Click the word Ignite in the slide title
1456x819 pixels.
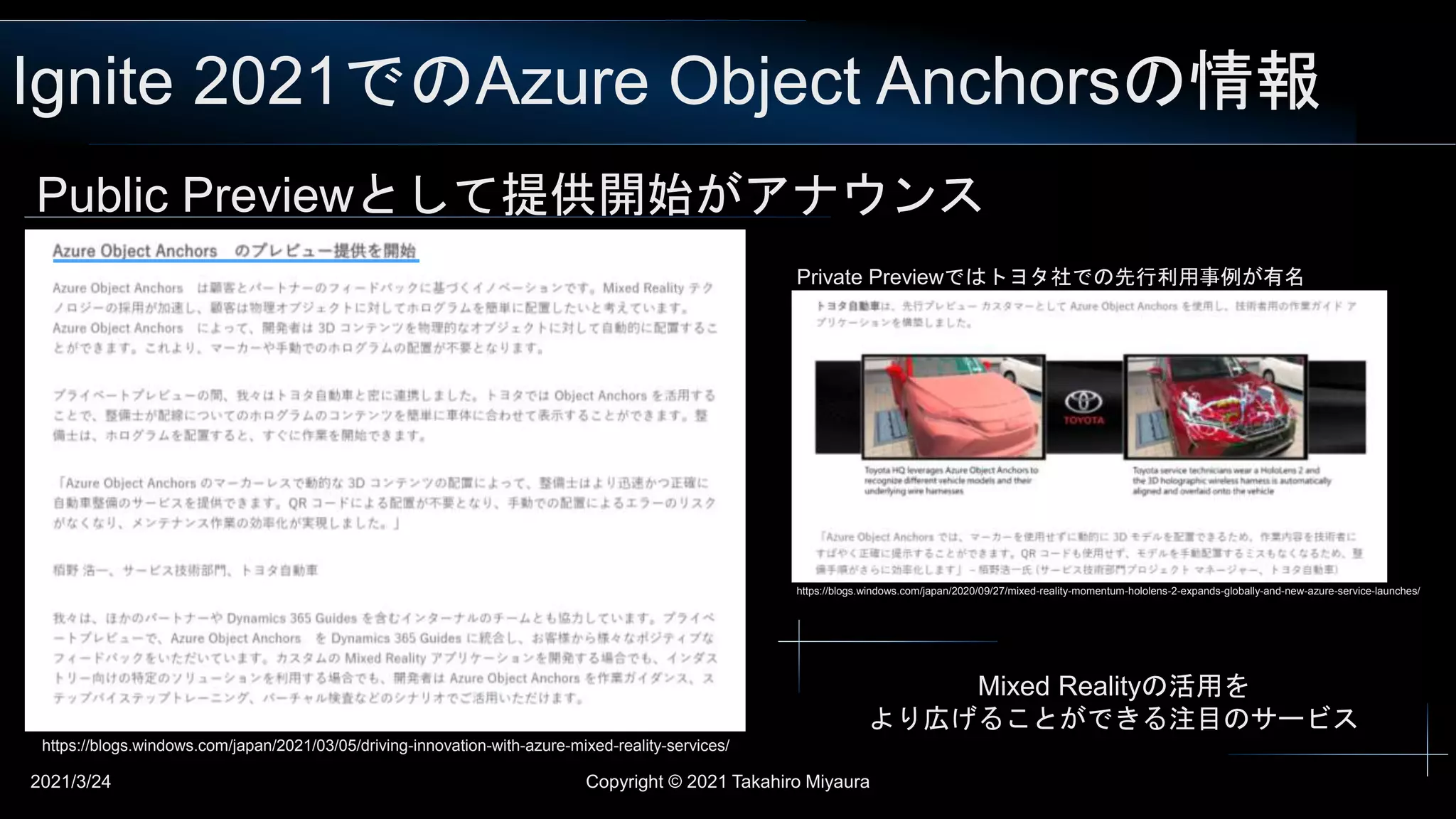point(92,82)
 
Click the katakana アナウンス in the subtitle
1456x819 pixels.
point(864,195)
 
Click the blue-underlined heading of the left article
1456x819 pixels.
point(234,251)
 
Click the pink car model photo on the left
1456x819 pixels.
point(953,407)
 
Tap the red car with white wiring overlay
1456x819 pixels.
point(1215,407)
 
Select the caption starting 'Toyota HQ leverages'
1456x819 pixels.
point(951,481)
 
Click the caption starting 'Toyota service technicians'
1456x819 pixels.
point(1231,481)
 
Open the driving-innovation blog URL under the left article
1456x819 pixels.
point(385,746)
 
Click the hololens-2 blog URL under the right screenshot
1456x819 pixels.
point(1108,591)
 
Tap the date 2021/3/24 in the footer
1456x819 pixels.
point(70,782)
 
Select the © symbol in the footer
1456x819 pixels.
point(675,782)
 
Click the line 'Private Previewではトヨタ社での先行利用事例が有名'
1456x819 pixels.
point(1050,277)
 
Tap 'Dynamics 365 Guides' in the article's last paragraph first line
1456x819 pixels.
point(291,619)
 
